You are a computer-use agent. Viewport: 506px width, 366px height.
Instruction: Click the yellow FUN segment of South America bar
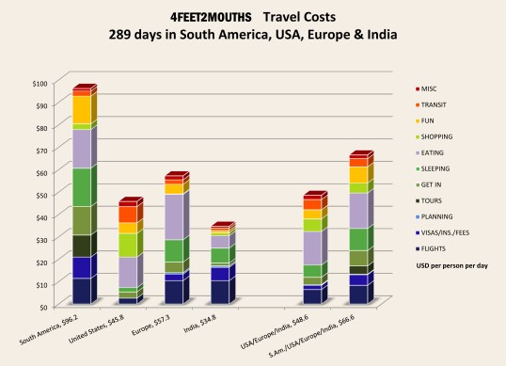(x=82, y=109)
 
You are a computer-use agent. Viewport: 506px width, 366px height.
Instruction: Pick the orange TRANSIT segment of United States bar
(x=128, y=214)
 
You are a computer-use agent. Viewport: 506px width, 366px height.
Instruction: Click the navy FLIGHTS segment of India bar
(x=218, y=292)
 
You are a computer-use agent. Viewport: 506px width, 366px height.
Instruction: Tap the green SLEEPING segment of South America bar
(x=82, y=186)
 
